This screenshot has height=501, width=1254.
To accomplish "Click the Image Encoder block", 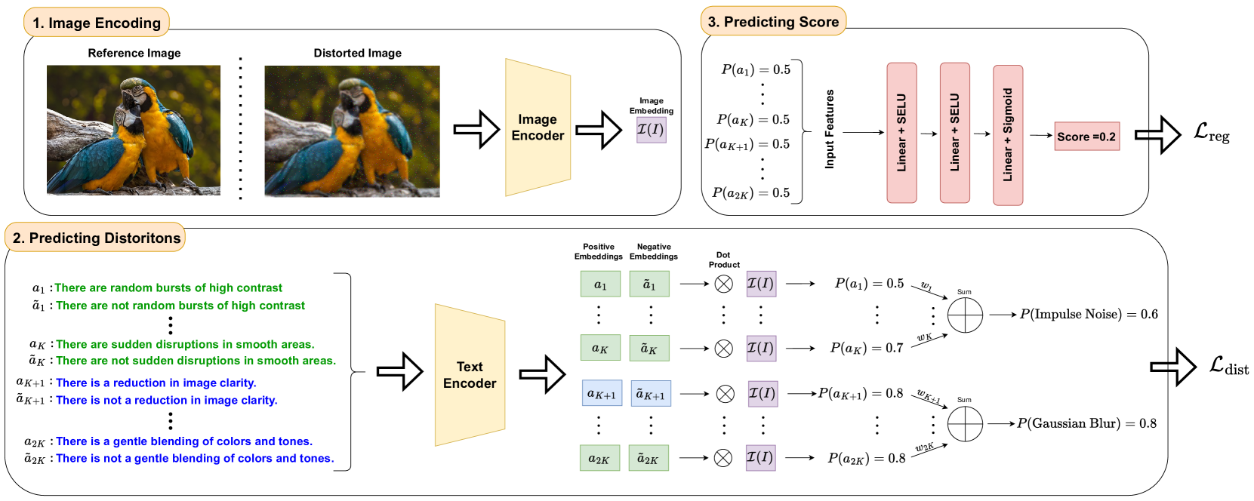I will [x=538, y=128].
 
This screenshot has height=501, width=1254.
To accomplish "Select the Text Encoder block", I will [x=470, y=375].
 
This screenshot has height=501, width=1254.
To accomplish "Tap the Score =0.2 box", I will [x=1086, y=137].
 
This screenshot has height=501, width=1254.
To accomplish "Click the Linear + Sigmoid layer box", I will [x=1008, y=135].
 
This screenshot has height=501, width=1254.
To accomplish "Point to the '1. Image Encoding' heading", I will [x=97, y=23].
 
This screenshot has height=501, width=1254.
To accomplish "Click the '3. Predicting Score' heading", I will [x=773, y=22].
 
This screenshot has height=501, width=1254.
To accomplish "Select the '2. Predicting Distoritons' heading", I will [x=96, y=238].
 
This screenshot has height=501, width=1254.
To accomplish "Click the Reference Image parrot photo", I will [x=134, y=130].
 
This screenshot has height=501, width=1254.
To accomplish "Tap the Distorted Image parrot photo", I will [x=352, y=131].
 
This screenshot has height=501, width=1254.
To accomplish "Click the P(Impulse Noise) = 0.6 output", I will [x=1088, y=314].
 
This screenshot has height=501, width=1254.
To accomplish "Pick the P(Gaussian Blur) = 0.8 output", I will [x=1086, y=423].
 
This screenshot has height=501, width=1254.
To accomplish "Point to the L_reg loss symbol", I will [x=1211, y=134].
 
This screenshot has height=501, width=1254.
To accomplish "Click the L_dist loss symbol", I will [x=1228, y=366].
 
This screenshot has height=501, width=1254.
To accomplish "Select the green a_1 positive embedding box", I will [x=600, y=284].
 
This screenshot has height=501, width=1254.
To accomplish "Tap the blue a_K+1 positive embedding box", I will [x=602, y=394].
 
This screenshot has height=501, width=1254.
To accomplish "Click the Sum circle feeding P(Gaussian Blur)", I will [x=965, y=423].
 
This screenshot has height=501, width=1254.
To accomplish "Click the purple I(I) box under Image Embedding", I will [x=651, y=130].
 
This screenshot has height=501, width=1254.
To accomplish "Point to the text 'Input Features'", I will [x=830, y=129].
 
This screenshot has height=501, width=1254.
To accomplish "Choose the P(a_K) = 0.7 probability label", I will [x=867, y=348].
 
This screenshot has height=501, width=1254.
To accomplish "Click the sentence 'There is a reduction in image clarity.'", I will [x=156, y=383].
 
